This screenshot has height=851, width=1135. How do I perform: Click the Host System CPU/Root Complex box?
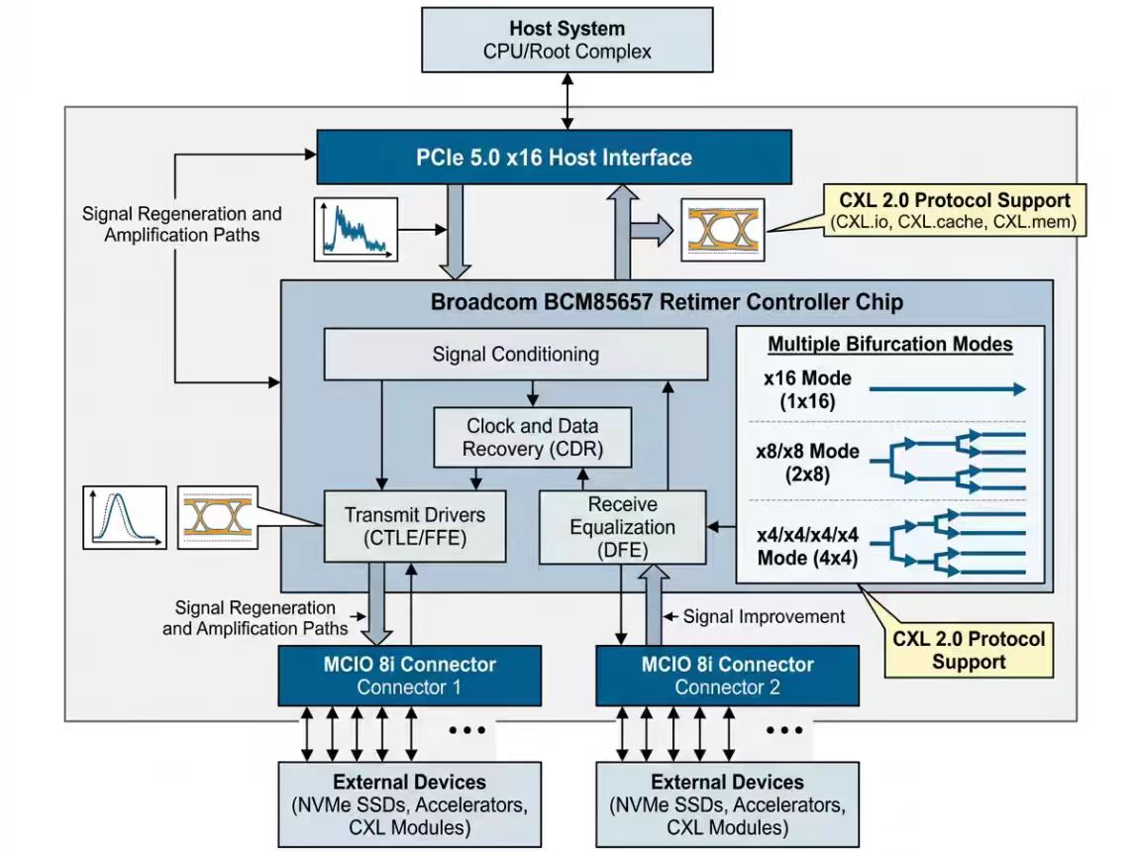(x=567, y=40)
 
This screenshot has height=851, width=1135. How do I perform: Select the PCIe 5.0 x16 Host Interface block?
(x=554, y=157)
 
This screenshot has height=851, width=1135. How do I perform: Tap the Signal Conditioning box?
(x=516, y=354)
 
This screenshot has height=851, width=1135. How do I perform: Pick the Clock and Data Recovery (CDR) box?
(x=533, y=437)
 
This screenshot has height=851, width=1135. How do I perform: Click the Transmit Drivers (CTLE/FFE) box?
(x=415, y=525)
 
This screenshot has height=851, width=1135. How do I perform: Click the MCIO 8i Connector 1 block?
(x=409, y=676)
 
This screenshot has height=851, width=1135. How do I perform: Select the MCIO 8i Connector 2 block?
(x=727, y=676)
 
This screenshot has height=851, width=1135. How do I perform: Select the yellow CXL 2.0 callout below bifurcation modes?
(x=968, y=651)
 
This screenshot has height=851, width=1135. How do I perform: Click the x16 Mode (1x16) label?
(x=807, y=389)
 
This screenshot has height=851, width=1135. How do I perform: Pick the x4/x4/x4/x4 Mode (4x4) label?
(x=807, y=547)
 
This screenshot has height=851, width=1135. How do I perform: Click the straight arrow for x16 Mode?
(x=947, y=389)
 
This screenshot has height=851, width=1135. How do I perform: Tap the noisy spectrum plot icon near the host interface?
(x=355, y=229)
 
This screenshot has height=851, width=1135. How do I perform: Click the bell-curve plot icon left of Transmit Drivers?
(x=124, y=517)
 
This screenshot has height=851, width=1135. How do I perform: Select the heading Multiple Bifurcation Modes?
(x=890, y=345)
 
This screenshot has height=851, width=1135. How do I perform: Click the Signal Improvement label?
(x=764, y=616)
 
